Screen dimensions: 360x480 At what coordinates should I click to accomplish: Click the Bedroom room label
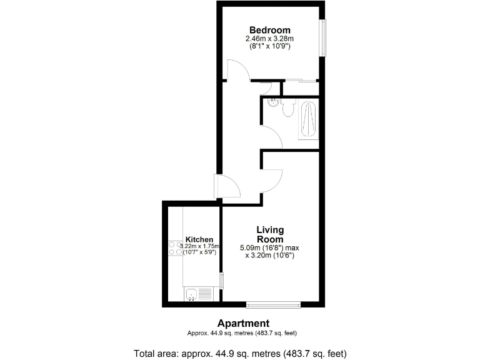point(269,30)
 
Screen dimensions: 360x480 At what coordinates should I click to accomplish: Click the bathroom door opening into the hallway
point(272,136)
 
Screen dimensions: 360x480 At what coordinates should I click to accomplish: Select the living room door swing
point(272,180)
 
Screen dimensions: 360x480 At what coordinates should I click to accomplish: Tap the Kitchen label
point(199,239)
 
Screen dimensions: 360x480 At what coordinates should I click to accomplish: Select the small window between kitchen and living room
point(221,281)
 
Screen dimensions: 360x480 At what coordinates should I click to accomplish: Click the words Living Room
point(269,234)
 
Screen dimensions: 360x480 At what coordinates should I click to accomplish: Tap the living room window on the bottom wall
point(273,304)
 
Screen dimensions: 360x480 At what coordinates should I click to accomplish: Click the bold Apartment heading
point(243,323)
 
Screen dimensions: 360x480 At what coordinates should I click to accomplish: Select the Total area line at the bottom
point(239,352)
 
